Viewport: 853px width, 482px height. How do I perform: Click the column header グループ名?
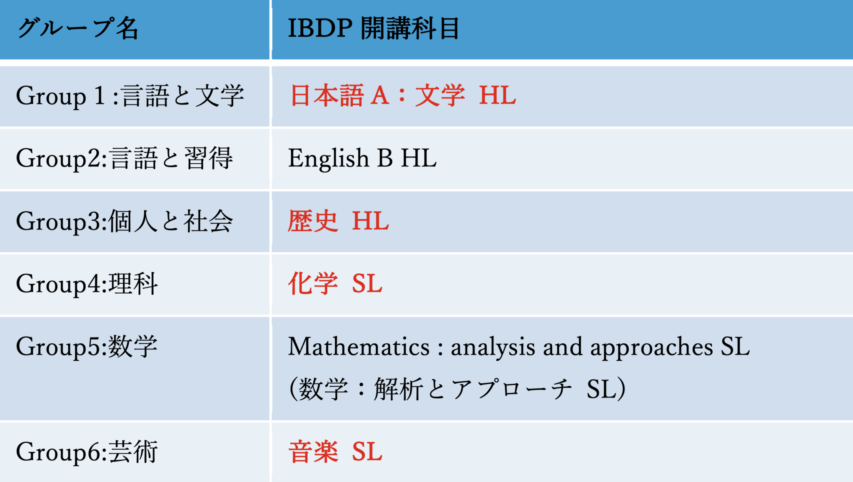[x=78, y=28]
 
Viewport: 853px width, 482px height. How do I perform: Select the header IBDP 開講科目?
[x=374, y=28]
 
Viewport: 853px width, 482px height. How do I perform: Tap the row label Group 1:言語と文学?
[x=130, y=96]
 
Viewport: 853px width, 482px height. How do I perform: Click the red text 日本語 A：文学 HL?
[x=403, y=95]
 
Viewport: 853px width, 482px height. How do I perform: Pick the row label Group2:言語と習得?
[x=125, y=159]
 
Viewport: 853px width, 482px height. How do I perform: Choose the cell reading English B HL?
[x=362, y=158]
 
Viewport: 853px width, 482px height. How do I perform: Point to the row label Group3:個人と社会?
[x=125, y=221]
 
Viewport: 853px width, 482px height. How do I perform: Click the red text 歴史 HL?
[x=339, y=221]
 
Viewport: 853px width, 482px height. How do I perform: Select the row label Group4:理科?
[x=87, y=284]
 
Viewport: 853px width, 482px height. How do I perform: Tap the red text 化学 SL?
[x=335, y=284]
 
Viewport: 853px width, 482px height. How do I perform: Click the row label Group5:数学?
[x=87, y=347]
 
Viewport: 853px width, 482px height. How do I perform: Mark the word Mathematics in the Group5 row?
[x=359, y=347]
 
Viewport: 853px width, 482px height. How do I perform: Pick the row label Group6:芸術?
[x=87, y=452]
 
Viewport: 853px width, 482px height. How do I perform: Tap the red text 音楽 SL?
[x=335, y=452]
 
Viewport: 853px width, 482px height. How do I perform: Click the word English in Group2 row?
[x=329, y=159]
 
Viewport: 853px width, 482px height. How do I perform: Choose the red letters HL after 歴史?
[x=371, y=221]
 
